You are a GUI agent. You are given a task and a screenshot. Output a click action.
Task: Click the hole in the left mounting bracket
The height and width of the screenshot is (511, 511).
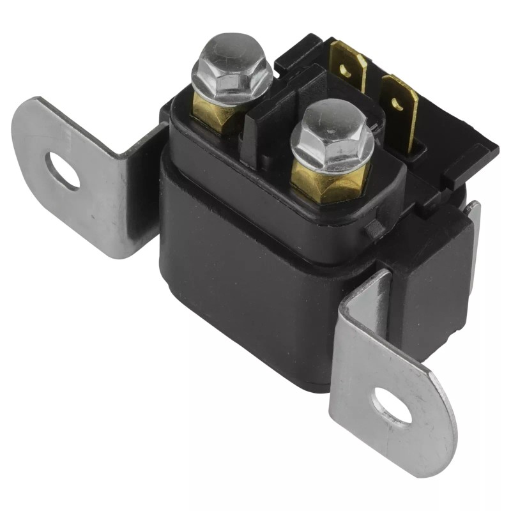tap(62, 171)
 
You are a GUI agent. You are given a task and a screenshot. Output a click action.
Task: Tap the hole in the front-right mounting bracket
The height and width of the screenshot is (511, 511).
tap(392, 406)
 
